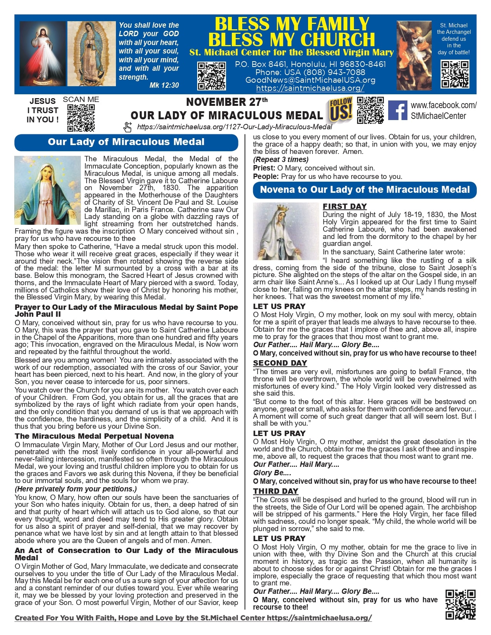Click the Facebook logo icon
point(398,110)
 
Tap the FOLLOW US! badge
point(341,110)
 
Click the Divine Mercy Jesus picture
point(42,54)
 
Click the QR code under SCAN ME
point(81,118)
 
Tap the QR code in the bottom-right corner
point(460,604)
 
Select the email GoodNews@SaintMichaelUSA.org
point(310,80)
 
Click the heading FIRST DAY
point(345,206)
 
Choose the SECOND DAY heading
point(280,363)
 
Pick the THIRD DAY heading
point(276,491)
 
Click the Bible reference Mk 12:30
point(164,85)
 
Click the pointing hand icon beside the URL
point(127,127)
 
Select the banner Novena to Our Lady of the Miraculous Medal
point(365,190)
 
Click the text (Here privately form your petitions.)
point(76,489)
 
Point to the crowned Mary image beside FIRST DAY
point(286,231)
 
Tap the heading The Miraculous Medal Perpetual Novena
point(94,436)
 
